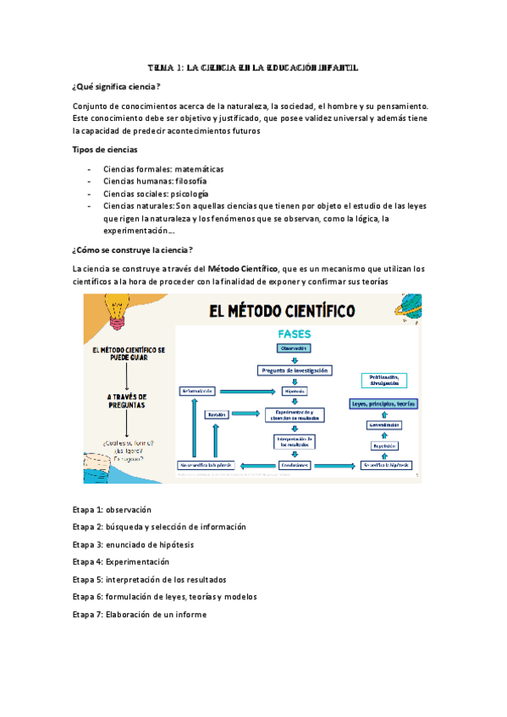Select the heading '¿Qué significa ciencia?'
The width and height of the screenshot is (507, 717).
pos(117,87)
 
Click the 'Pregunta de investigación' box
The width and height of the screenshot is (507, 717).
pos(294,370)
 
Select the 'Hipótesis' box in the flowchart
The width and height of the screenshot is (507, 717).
pos(294,391)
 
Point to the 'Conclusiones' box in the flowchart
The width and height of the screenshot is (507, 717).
pos(294,465)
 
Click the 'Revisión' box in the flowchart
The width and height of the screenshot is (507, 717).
pos(218,414)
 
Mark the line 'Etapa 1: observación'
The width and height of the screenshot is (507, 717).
pos(112,510)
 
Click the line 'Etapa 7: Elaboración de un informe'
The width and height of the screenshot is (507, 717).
pos(139,615)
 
